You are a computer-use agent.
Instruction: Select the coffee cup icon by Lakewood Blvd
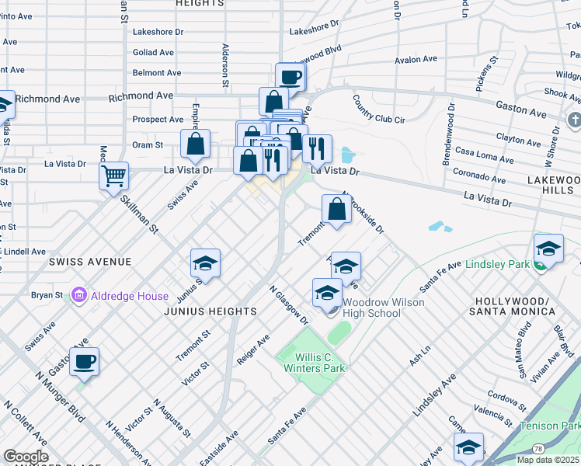tap(290, 77)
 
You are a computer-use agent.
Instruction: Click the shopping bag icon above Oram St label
tap(196, 143)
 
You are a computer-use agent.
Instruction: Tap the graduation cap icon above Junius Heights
tap(206, 263)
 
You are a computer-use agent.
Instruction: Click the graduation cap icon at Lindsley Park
tap(548, 248)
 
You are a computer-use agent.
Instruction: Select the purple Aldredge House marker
tap(78, 296)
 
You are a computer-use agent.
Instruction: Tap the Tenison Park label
tap(550, 426)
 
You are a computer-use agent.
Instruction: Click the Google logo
tap(26, 457)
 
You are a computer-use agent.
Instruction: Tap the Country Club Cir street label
tap(379, 110)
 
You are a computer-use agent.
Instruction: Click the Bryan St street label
tap(47, 296)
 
